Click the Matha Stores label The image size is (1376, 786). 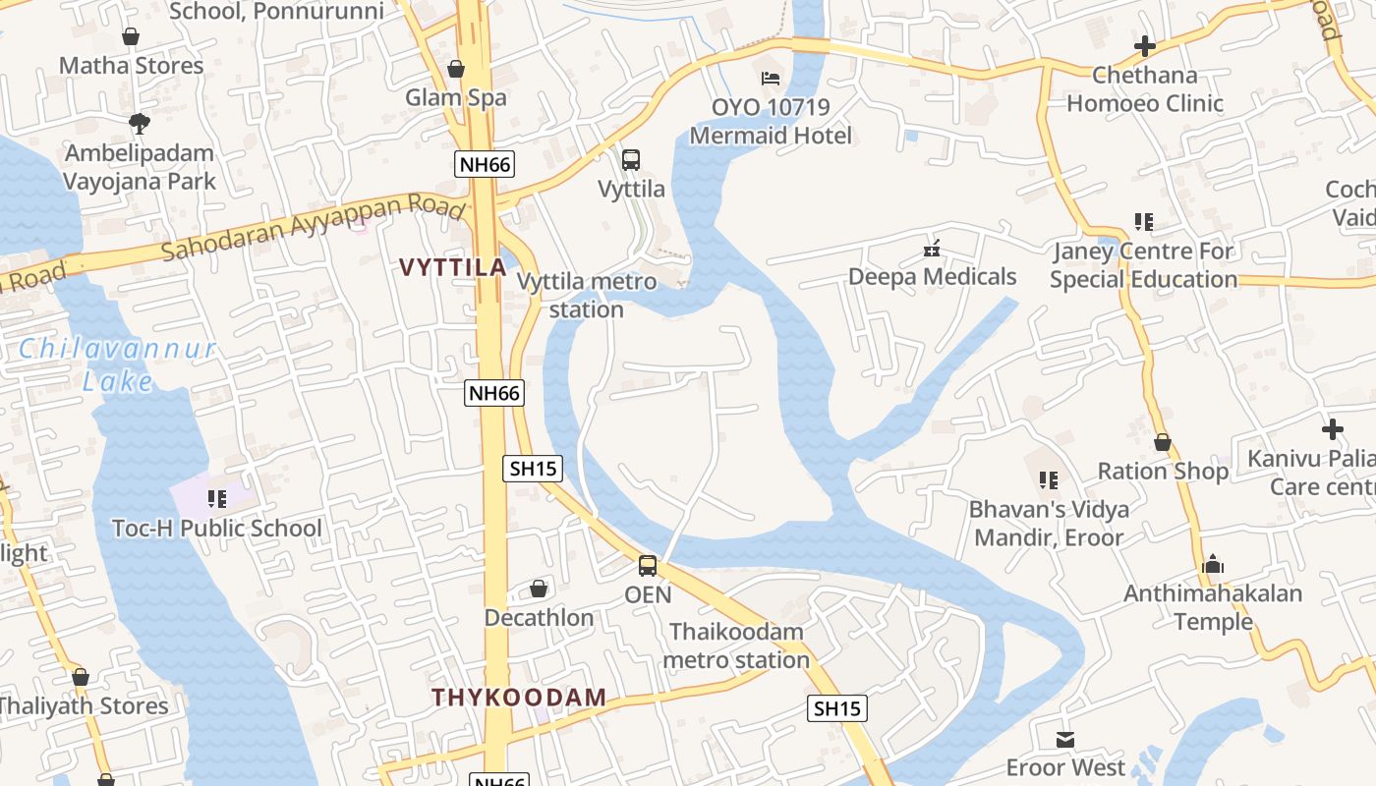click(x=131, y=66)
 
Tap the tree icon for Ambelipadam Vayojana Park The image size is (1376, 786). click(x=139, y=124)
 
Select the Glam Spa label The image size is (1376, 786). click(x=456, y=97)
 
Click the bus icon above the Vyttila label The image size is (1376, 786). click(x=631, y=159)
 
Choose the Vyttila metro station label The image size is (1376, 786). click(x=587, y=296)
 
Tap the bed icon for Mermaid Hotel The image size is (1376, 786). click(x=771, y=79)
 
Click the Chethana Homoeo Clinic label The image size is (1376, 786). click(x=1145, y=89)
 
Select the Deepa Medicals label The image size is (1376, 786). click(x=932, y=277)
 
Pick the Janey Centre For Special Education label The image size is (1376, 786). click(x=1143, y=265)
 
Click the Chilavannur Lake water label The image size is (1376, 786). click(x=117, y=365)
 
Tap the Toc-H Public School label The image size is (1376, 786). click(x=217, y=529)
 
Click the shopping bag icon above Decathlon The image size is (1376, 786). click(x=539, y=589)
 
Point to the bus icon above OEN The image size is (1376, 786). click(x=648, y=566)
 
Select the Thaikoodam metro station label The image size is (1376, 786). click(x=736, y=646)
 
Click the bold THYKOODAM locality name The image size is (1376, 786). click(x=519, y=698)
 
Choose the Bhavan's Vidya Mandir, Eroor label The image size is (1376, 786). click(x=1049, y=524)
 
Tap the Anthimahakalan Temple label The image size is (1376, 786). click(x=1213, y=607)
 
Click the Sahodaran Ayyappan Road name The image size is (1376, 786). click(x=313, y=228)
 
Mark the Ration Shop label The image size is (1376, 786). click(x=1163, y=472)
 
